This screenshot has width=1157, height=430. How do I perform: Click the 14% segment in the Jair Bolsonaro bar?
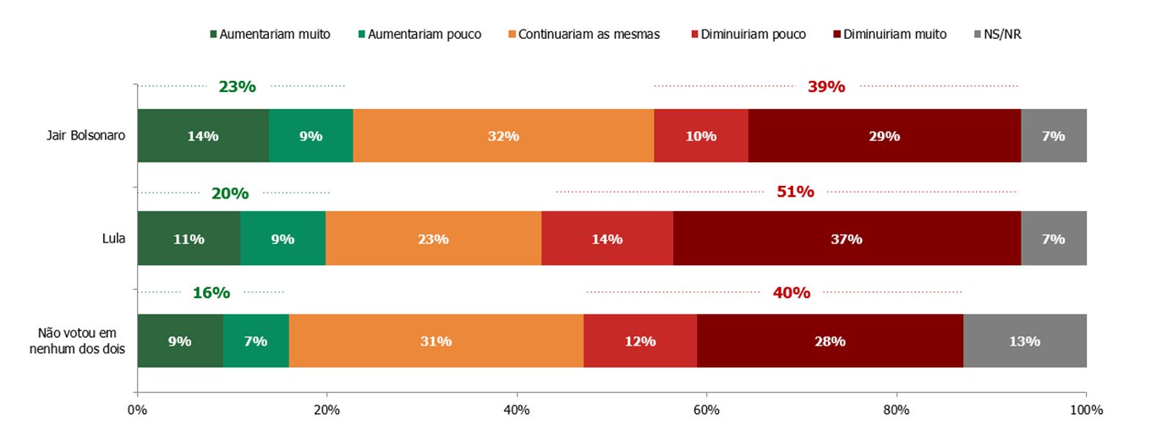point(203,136)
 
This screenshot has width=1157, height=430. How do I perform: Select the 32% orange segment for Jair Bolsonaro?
point(503,136)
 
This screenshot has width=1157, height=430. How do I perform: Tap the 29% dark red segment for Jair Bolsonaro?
point(885,136)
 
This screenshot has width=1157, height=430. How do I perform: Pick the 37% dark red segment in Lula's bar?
point(847,239)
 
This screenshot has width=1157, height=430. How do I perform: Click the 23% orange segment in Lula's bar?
point(433,239)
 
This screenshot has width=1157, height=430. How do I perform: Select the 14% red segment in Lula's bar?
point(607,239)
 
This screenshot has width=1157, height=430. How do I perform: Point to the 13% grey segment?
point(1024,341)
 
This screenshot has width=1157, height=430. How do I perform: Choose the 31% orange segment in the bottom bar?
point(436,341)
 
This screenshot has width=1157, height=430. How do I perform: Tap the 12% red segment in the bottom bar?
point(640,341)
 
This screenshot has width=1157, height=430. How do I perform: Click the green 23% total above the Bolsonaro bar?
point(237,86)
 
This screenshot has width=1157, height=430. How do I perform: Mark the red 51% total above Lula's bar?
point(795,192)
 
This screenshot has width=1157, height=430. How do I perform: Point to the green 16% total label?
point(211,293)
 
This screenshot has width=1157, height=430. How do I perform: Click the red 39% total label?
point(826,86)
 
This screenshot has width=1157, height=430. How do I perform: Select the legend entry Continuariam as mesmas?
point(589,35)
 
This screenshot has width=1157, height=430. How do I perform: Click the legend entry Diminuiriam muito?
point(900,35)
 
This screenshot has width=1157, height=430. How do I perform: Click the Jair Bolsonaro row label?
point(85,136)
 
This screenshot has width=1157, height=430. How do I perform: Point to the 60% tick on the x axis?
point(706,411)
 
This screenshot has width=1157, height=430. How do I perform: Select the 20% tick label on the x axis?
point(326,411)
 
